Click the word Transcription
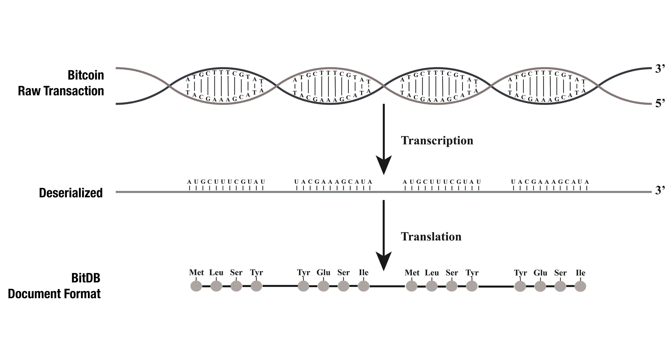point(437,141)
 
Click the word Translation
point(431,237)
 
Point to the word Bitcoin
point(86,75)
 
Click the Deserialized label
point(71,193)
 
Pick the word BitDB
point(86,278)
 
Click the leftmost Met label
point(196,273)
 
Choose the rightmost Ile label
point(580,273)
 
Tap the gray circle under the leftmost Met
point(196,286)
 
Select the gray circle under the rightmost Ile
point(580,286)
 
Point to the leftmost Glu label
point(324,273)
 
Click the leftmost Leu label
point(216,273)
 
